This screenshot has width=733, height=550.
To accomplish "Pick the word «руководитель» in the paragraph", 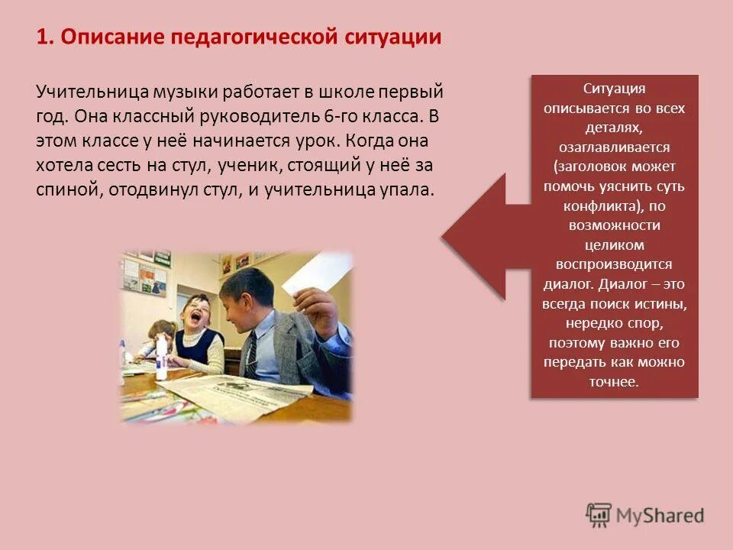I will pyautogui.click(x=265, y=117).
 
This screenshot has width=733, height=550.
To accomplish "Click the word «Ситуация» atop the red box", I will pyautogui.click(x=614, y=89).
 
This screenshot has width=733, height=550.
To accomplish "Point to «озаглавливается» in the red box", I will pyautogui.click(x=614, y=147).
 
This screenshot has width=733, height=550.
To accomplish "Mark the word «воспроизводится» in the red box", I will pyautogui.click(x=614, y=264).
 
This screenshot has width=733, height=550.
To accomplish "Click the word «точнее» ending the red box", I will pyautogui.click(x=614, y=381).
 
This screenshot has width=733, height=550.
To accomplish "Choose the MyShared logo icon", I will pyautogui.click(x=599, y=515).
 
